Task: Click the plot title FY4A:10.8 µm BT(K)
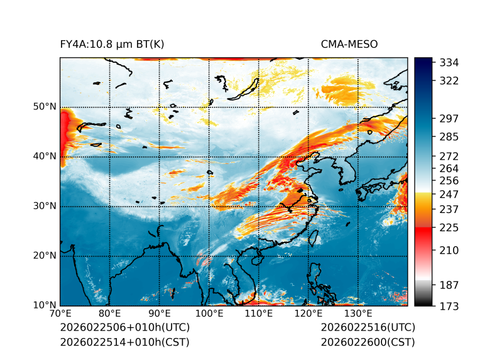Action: (112, 44)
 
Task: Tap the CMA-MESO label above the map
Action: (349, 44)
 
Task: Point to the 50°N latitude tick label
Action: (45, 107)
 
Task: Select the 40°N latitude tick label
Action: (45, 156)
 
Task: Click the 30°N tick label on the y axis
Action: (45, 206)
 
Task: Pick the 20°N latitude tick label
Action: (45, 256)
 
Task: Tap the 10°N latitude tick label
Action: (45, 305)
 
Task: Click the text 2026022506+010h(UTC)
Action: (124, 327)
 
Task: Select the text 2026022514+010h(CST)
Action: (124, 342)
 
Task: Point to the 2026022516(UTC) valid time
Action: (368, 327)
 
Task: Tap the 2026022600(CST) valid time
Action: (368, 342)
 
